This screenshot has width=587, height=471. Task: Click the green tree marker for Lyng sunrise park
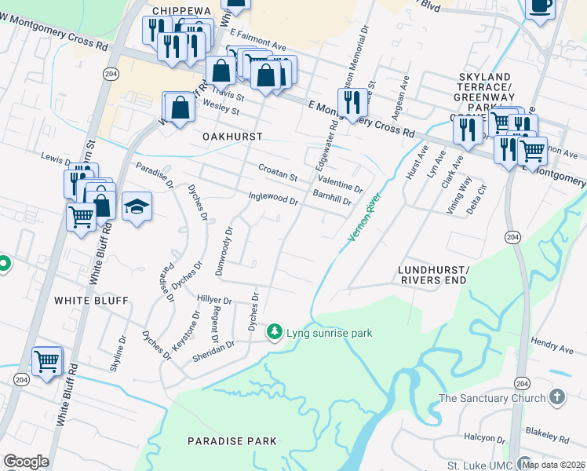[x=274, y=333]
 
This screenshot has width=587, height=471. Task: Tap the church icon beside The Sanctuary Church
[x=557, y=398]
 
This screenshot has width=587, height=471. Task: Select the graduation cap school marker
[x=137, y=206]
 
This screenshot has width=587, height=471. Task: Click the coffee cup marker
[x=540, y=6]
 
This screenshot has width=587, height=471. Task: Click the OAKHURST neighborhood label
[x=232, y=136]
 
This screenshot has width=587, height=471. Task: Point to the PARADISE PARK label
[x=232, y=441]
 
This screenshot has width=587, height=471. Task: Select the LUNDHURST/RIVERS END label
[x=434, y=274]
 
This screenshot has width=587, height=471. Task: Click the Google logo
[x=26, y=462]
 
